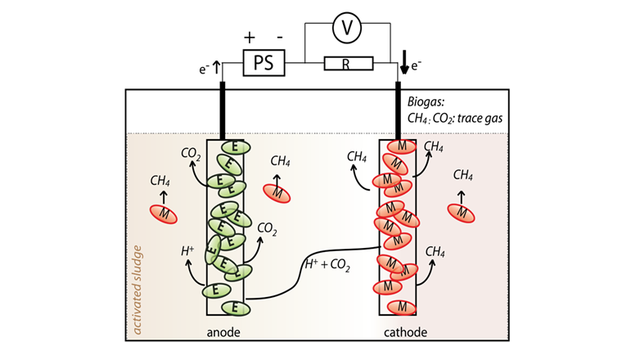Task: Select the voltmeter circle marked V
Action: click(x=348, y=29)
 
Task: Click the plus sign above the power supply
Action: click(x=250, y=38)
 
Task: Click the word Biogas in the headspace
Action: click(x=427, y=101)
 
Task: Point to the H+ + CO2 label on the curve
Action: click(x=327, y=263)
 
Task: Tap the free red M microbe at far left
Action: click(x=164, y=214)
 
